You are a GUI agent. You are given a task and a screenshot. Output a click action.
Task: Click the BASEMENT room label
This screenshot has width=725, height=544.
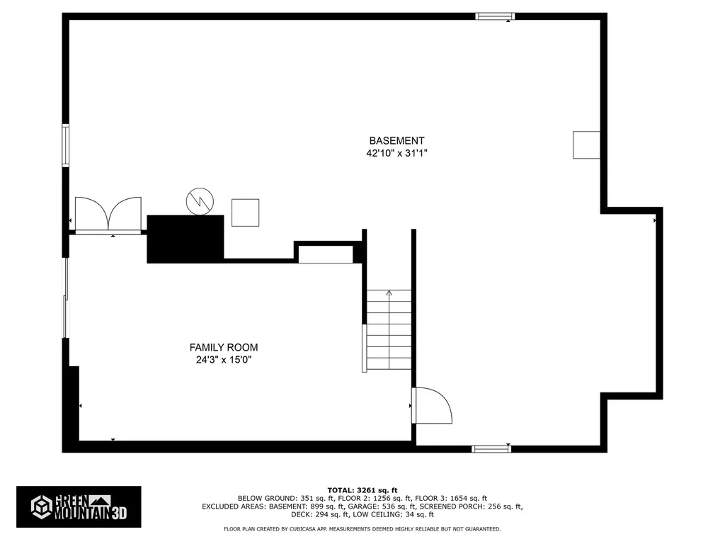point(396,141)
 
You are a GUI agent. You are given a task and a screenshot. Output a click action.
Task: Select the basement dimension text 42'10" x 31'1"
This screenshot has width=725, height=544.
point(396,153)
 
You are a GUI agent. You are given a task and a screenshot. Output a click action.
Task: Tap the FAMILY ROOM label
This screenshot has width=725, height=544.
point(224,347)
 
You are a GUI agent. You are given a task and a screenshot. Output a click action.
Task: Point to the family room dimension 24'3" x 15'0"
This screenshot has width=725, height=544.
point(224,360)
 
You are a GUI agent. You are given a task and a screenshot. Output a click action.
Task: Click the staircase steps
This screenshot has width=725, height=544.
point(389,330)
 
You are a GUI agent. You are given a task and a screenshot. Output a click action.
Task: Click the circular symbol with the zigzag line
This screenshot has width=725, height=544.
point(200,201)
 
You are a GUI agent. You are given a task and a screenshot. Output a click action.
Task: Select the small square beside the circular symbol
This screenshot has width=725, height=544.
point(245,212)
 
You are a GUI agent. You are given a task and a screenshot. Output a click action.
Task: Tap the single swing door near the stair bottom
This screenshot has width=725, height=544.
point(432,406)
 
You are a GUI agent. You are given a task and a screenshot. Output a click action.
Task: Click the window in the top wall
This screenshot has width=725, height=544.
point(495,17)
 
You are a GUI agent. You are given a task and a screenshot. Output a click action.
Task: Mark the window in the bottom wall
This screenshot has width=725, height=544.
point(491,448)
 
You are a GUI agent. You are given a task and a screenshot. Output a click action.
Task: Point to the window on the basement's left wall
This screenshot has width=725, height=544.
point(66,145)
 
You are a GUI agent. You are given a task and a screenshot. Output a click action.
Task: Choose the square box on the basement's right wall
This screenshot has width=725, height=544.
point(586,144)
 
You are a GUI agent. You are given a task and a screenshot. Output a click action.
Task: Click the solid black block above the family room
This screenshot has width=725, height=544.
point(185,239)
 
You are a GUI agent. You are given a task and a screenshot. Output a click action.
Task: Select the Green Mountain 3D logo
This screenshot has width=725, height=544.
point(79,507)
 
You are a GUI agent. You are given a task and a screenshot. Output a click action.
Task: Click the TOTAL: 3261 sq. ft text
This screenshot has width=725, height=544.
point(362,490)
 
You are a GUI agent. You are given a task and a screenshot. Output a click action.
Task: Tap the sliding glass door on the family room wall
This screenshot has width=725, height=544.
point(66,298)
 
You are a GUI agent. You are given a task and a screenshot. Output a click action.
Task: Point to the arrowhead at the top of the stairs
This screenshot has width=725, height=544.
point(389,293)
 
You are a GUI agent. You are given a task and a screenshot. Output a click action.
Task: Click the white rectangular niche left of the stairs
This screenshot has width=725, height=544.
point(326,254)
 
